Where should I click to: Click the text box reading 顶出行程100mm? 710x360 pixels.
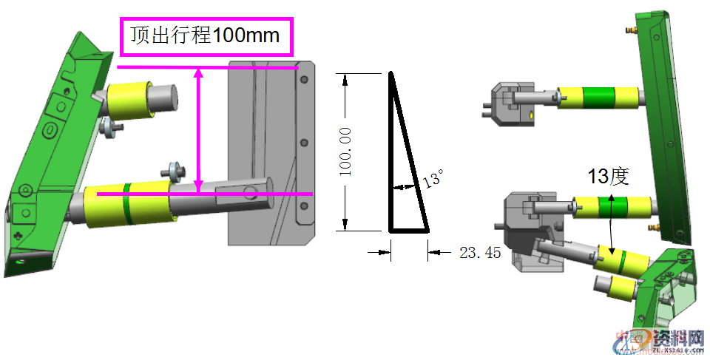206,36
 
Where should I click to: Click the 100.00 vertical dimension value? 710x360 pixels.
345,152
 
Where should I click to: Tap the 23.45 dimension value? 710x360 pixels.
480,253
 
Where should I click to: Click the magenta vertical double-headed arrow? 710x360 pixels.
198,129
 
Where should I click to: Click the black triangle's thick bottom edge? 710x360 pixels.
409,231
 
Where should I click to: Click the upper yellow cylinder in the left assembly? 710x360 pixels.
129,101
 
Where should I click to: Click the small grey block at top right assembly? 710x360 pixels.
511,103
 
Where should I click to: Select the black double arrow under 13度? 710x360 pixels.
612,222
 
